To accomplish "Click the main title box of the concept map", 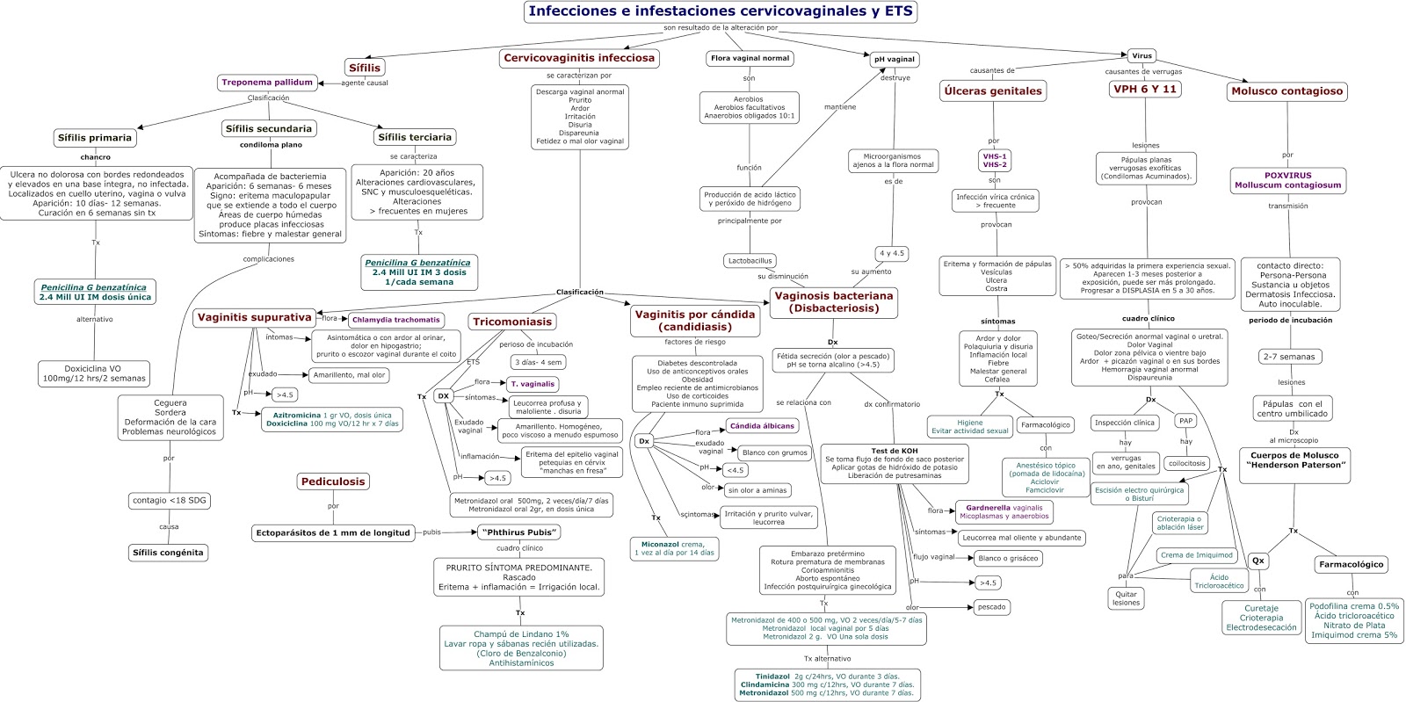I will (x=721, y=11).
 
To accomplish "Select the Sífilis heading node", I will (x=365, y=68).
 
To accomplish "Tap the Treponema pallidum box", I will (x=267, y=83).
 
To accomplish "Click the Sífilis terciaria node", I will (x=415, y=137).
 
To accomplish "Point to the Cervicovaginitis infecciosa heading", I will (x=579, y=58).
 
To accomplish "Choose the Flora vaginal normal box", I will (x=750, y=59).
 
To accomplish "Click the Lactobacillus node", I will (x=750, y=261).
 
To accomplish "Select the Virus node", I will (x=1141, y=55).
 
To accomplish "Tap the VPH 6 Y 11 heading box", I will (x=1144, y=90).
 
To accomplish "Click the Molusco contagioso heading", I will (x=1287, y=91).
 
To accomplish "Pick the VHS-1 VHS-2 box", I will (x=995, y=161).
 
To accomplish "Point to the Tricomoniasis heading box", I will (x=512, y=322).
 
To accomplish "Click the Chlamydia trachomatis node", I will (x=395, y=320).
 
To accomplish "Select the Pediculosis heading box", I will (x=333, y=481).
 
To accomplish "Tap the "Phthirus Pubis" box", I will (x=519, y=532).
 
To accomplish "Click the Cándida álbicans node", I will (x=761, y=426).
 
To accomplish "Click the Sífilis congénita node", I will (x=167, y=554).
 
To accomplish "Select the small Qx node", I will (x=1258, y=561).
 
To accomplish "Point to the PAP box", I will (x=1185, y=421).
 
